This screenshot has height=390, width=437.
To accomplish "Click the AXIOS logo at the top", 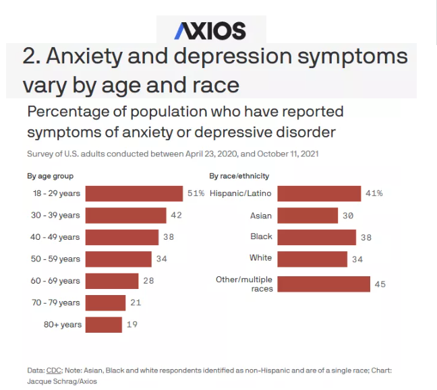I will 210,30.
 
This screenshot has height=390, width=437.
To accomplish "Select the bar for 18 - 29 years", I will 134,194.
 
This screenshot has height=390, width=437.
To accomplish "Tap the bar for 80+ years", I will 104,325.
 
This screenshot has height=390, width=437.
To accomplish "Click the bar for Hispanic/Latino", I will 319,193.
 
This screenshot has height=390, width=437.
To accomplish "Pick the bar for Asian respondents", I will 308,216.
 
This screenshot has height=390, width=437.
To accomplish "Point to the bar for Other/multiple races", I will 324,284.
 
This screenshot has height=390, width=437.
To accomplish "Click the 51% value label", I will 196,194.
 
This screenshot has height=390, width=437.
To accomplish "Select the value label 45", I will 380,284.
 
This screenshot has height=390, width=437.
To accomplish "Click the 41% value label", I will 374,193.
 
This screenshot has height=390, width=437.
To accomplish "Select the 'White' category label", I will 260,258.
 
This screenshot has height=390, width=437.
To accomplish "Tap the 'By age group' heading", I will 50,176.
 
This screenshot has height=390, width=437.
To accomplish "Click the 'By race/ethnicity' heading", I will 239,176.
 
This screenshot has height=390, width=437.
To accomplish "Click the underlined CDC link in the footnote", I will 53,370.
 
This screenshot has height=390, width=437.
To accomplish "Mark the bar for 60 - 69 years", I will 112,281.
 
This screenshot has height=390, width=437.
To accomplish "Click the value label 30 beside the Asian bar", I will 348,216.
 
